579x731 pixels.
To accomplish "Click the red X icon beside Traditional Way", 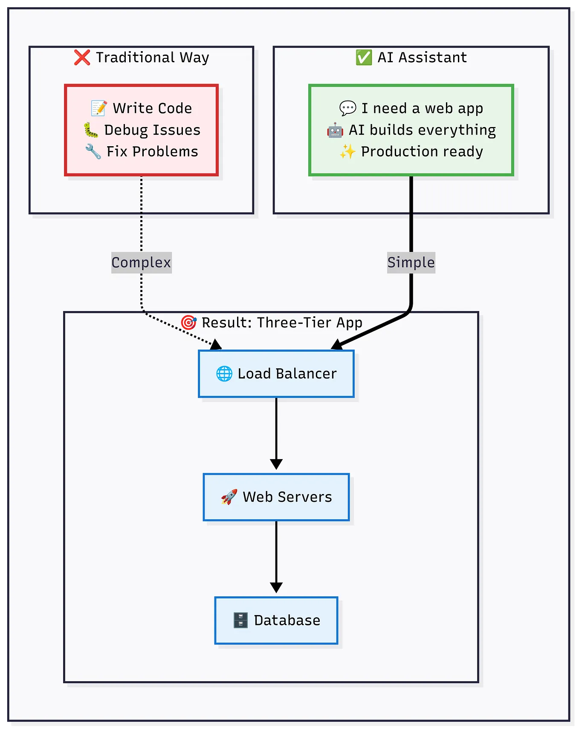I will tap(82, 58).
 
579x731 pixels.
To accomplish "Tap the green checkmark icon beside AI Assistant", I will tap(364, 58).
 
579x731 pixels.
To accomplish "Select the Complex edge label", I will tap(141, 263).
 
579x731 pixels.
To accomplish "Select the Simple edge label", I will tap(411, 263).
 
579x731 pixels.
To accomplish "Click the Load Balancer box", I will tap(276, 374).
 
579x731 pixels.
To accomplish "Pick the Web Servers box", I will tap(276, 497).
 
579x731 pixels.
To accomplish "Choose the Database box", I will tap(276, 620).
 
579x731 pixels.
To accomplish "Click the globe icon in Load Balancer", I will tap(224, 374).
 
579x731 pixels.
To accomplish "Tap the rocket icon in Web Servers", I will tap(229, 497).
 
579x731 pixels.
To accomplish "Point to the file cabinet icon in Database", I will tap(240, 620).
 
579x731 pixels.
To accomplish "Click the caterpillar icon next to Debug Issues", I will tap(90, 130).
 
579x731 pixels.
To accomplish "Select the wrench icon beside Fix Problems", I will tap(93, 151).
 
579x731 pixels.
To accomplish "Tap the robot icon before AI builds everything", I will tap(335, 130).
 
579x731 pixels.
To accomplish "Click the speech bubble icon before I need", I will tap(347, 108).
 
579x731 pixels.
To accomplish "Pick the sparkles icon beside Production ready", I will tap(347, 151).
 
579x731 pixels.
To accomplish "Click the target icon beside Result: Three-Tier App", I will tap(188, 323).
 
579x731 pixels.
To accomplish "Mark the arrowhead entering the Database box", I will tap(276, 588).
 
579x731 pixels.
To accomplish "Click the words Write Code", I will tap(152, 108).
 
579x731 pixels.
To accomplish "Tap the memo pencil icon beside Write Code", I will tap(99, 108).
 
